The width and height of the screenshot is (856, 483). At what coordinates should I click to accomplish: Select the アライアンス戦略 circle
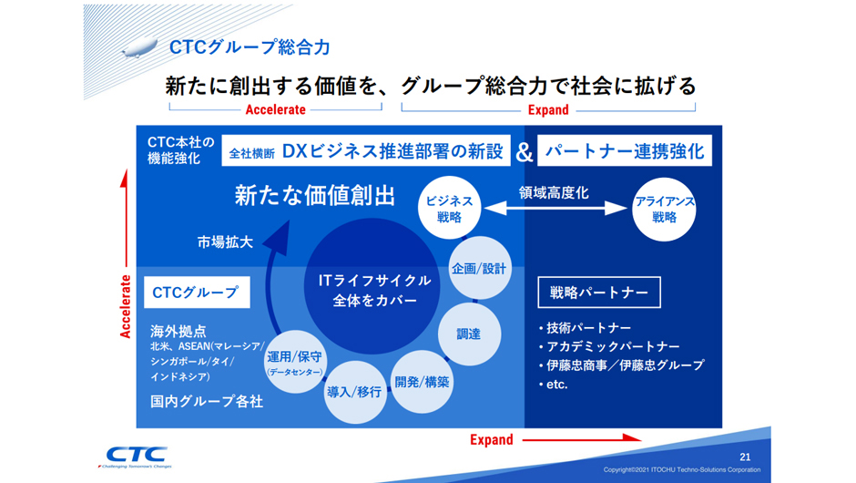tap(664, 209)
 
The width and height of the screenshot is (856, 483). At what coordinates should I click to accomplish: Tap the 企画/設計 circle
tap(479, 269)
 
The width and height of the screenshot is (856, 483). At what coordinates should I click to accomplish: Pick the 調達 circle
tap(468, 334)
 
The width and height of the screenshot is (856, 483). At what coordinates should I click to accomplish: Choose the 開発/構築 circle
tap(422, 381)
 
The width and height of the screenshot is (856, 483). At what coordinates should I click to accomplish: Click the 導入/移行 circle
tap(354, 392)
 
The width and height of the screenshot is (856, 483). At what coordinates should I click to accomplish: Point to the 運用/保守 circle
tap(294, 362)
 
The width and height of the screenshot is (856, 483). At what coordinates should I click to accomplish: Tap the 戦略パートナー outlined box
tap(598, 293)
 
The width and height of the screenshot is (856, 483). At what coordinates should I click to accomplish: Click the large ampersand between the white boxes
tap(525, 151)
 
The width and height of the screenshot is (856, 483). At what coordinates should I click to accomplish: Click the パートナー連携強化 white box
tap(625, 151)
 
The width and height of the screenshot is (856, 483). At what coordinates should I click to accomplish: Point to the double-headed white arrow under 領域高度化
tap(555, 209)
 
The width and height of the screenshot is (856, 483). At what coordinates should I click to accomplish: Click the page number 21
tap(746, 456)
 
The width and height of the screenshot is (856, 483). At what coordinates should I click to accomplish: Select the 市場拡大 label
tap(225, 242)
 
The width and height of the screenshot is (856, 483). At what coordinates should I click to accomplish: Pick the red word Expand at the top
tap(548, 110)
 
